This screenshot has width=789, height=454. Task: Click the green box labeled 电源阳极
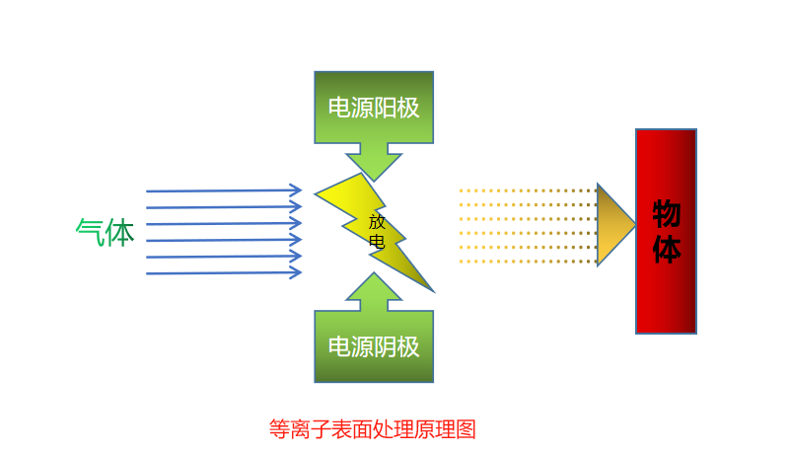click(x=374, y=107)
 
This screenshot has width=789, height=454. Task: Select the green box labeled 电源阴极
click(x=374, y=346)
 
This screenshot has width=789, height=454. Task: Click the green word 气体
click(x=105, y=233)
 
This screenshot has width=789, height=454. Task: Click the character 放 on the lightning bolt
click(x=377, y=222)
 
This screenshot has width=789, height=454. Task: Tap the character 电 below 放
click(x=377, y=242)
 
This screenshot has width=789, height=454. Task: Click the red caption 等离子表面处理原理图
click(x=373, y=429)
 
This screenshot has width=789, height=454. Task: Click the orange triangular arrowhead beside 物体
click(x=613, y=225)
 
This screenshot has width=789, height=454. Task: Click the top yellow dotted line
click(x=528, y=190)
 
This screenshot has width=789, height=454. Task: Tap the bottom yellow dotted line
click(x=528, y=262)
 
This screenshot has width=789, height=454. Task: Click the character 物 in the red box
click(x=667, y=214)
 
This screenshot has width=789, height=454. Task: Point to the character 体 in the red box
click(x=667, y=249)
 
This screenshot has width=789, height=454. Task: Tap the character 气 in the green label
click(x=90, y=233)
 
